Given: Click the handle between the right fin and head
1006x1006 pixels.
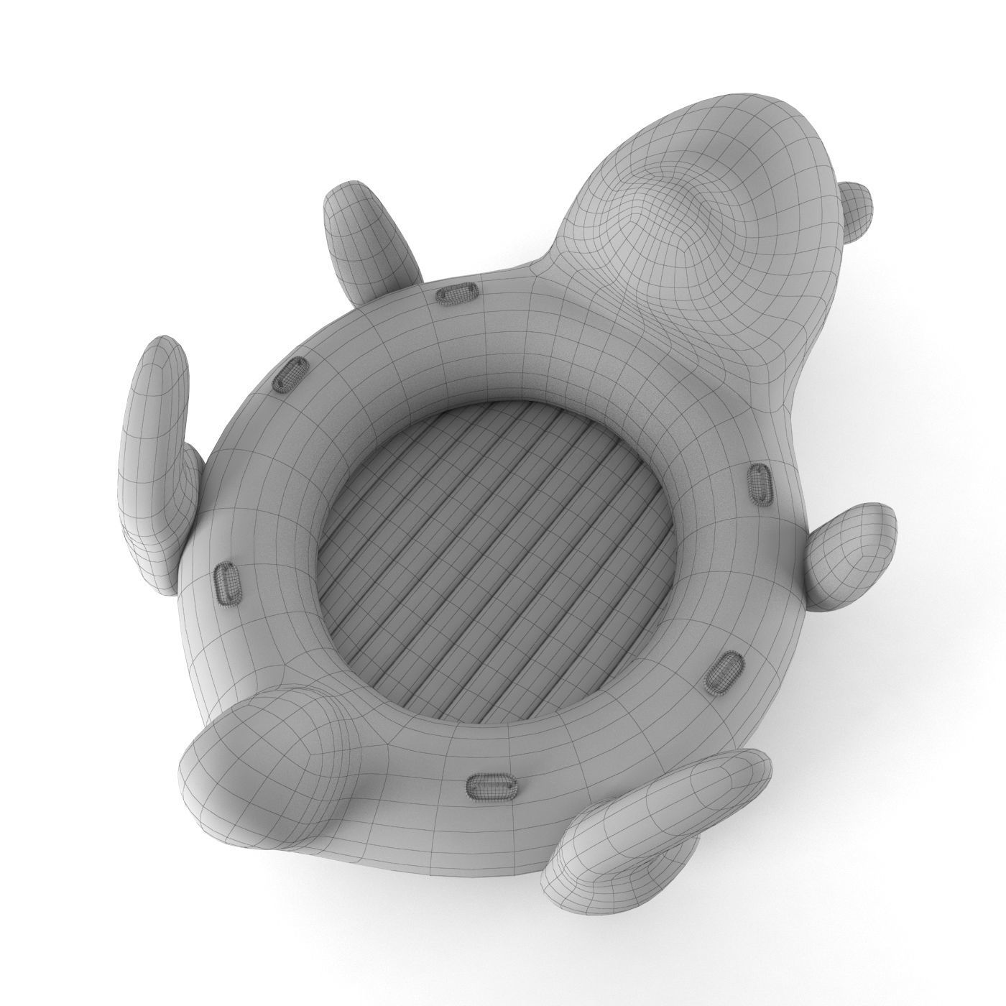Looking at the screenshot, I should click(x=760, y=479).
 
